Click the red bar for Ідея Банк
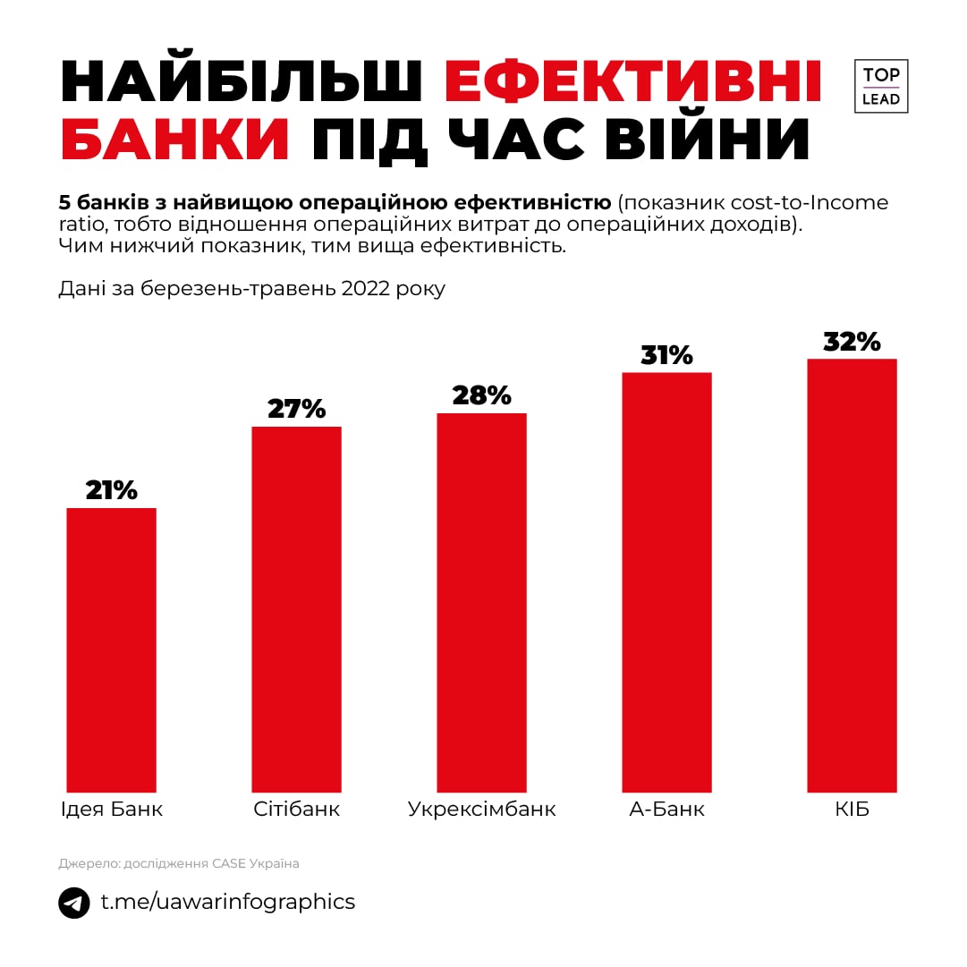[x=112, y=649]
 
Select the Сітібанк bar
[x=296, y=608]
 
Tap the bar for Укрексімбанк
[x=481, y=602]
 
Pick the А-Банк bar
[x=666, y=581]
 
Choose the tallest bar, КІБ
[x=852, y=575]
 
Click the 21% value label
[x=112, y=489]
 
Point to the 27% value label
[x=296, y=408]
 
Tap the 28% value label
[x=481, y=394]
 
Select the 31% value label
[x=666, y=354]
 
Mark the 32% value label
[x=852, y=341]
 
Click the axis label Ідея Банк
[x=111, y=810]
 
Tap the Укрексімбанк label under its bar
[x=481, y=810]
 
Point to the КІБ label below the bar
[x=852, y=810]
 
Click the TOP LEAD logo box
[x=881, y=87]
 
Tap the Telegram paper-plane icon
[x=74, y=902]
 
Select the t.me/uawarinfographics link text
[x=227, y=902]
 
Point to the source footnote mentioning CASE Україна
[x=179, y=863]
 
